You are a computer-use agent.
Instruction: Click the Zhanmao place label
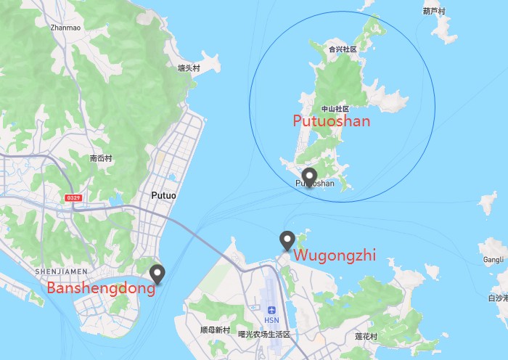(x=65, y=28)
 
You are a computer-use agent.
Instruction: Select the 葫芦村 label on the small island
(x=434, y=11)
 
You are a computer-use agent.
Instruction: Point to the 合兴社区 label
(x=343, y=49)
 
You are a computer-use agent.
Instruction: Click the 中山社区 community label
(x=335, y=109)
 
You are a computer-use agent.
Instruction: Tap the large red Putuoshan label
(x=331, y=121)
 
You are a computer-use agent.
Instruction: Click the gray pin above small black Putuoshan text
(x=310, y=175)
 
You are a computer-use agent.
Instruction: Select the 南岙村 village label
(x=101, y=157)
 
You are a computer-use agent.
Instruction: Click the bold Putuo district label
(x=164, y=195)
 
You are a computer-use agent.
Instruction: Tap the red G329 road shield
(x=73, y=197)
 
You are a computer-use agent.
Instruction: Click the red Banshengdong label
(x=101, y=288)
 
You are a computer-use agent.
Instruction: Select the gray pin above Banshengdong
(x=157, y=274)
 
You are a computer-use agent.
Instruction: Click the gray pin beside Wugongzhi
(x=287, y=240)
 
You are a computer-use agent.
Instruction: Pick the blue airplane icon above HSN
(x=271, y=310)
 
